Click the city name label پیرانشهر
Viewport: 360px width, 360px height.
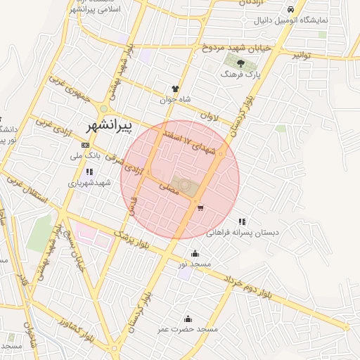click(x=108, y=127)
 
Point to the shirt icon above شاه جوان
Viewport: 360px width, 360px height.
click(x=175, y=89)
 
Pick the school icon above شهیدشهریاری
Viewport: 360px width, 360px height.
click(x=89, y=172)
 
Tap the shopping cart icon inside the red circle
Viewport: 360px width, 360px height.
click(x=201, y=208)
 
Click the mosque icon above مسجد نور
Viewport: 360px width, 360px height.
click(x=195, y=254)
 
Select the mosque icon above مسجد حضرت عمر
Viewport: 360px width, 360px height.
click(x=187, y=319)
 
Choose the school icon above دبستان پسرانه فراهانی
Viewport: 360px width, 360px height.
click(x=241, y=222)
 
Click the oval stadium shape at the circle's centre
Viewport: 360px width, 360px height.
click(x=184, y=185)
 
